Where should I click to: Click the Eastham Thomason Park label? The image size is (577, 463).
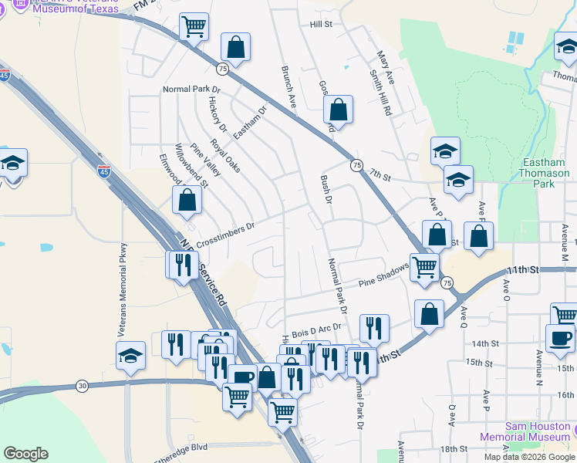tap(545, 173)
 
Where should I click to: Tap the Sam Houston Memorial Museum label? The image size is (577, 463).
tap(538, 432)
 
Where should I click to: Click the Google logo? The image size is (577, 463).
tap(25, 454)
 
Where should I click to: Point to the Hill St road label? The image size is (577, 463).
tap(320, 25)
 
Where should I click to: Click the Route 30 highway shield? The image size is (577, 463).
tap(83, 385)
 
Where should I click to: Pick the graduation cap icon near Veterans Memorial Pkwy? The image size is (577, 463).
tap(130, 355)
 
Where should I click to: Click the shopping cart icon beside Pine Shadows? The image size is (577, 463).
tap(424, 267)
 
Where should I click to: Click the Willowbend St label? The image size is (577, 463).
tap(192, 165)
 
